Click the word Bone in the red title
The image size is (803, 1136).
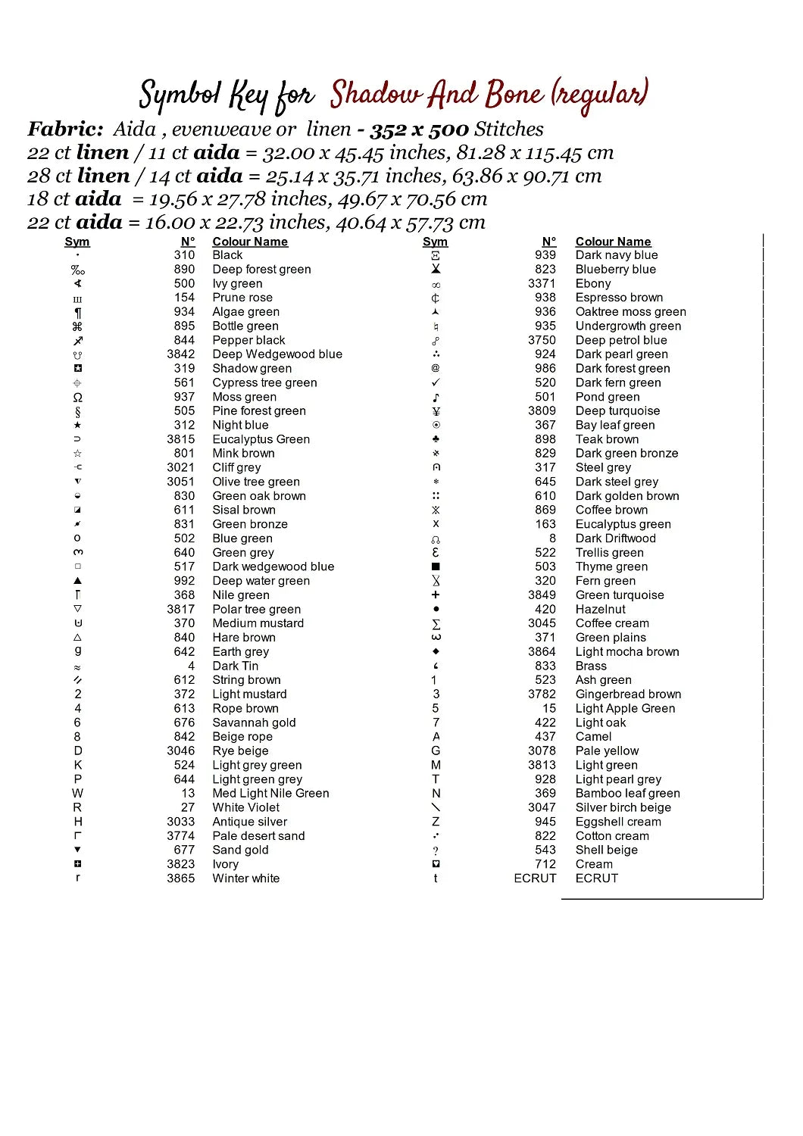(x=514, y=95)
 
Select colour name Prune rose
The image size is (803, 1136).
(x=242, y=298)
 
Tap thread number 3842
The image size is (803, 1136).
(x=180, y=354)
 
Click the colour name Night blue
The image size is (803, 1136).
(x=240, y=425)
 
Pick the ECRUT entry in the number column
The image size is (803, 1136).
(x=535, y=879)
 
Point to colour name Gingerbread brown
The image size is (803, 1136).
(x=628, y=694)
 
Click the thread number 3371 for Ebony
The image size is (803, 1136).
(x=542, y=283)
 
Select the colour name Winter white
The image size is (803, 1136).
(x=245, y=879)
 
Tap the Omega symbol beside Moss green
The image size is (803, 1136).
(x=77, y=398)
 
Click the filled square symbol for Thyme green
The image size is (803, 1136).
(x=436, y=566)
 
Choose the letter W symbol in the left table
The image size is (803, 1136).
(x=77, y=794)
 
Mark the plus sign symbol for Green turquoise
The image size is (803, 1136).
(x=436, y=595)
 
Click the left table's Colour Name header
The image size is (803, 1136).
(x=250, y=242)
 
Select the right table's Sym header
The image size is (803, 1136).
(x=435, y=242)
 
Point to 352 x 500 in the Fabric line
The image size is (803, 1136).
(x=419, y=130)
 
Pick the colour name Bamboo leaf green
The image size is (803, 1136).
(x=627, y=794)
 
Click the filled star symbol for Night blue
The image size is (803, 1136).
(x=77, y=425)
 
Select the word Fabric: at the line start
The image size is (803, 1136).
(x=66, y=130)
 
